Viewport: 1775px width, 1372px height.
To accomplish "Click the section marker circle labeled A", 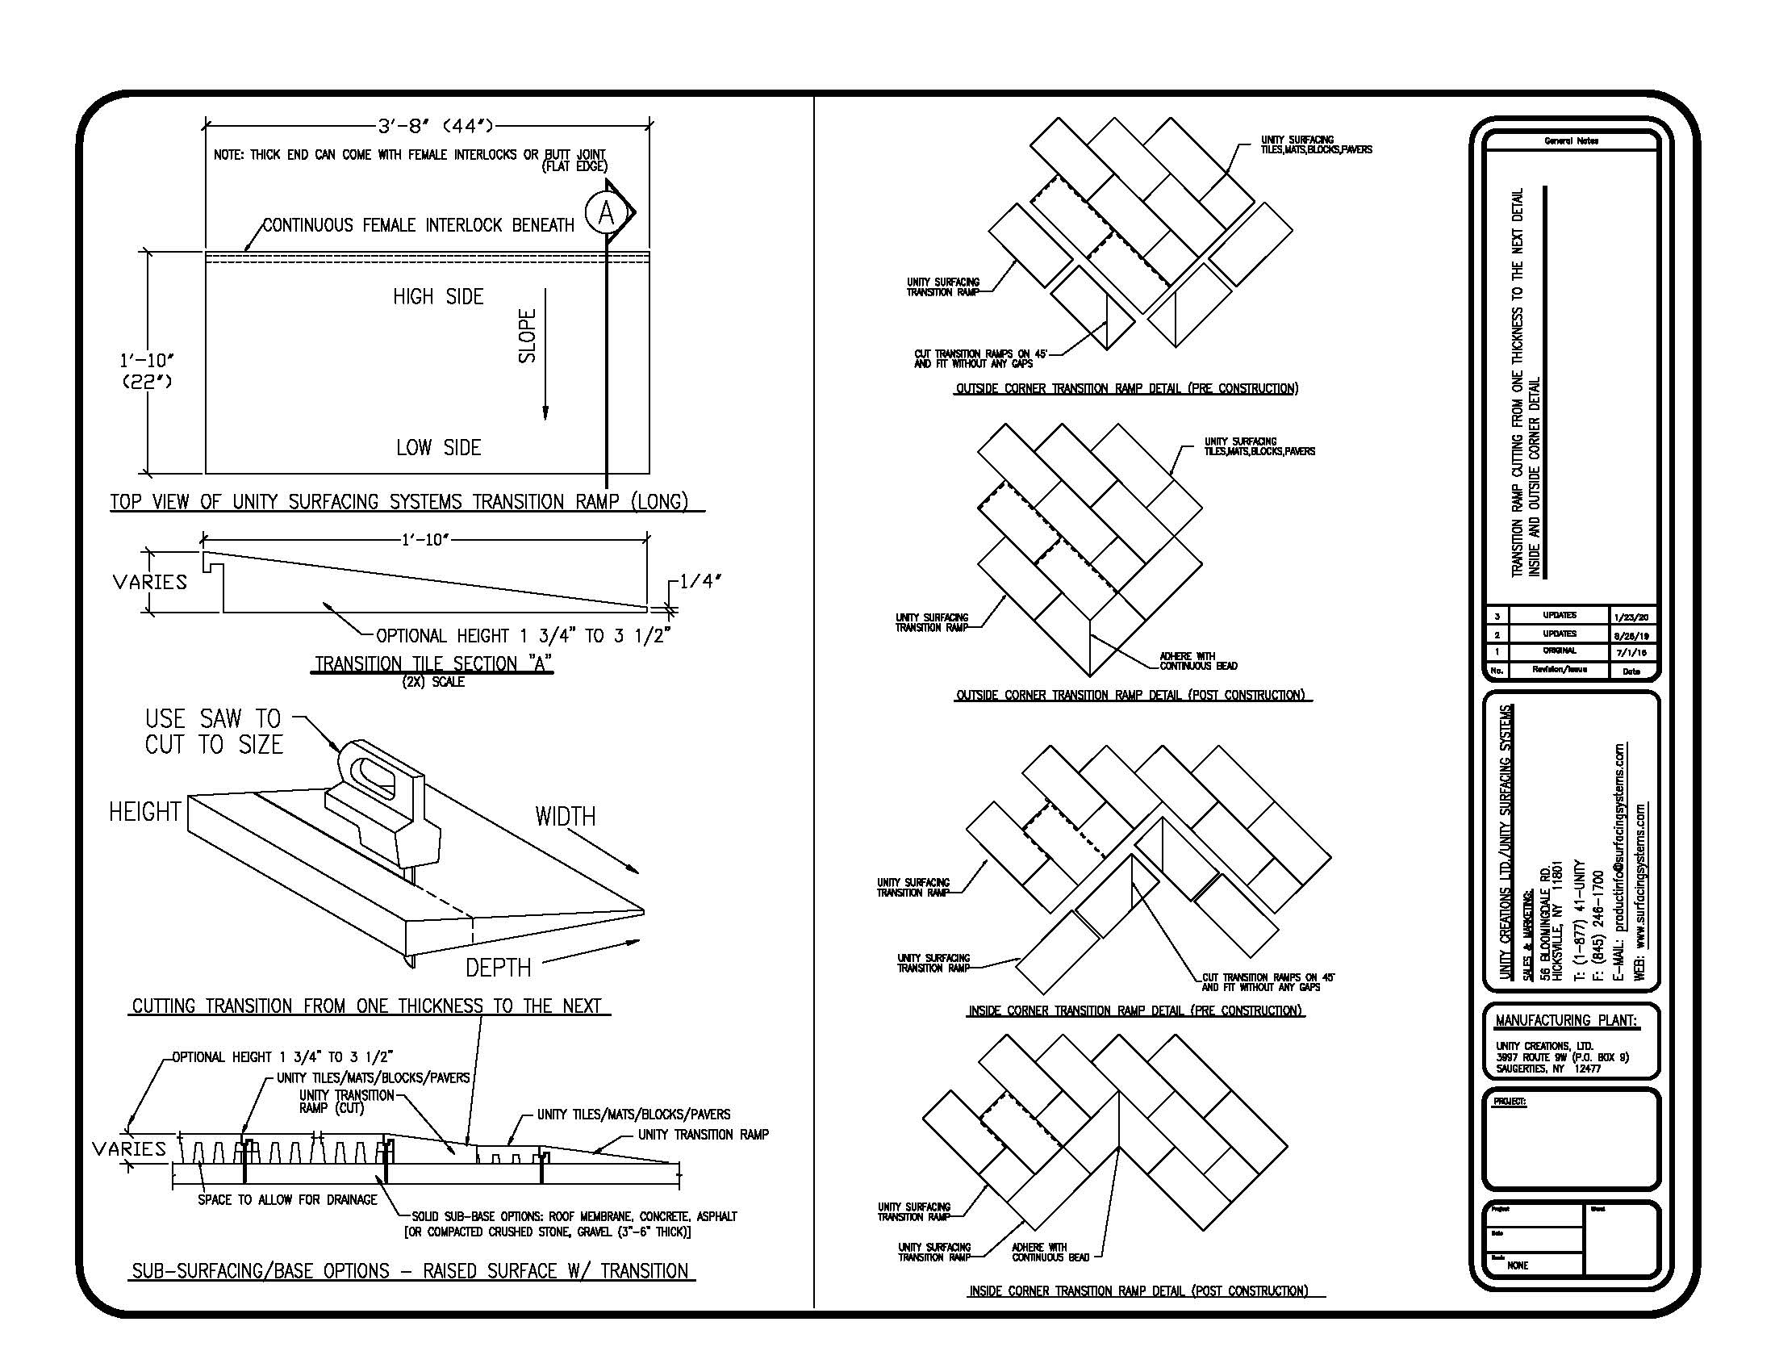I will pyautogui.click(x=605, y=213).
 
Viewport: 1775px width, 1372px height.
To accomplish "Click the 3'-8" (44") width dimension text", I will pyautogui.click(x=435, y=126).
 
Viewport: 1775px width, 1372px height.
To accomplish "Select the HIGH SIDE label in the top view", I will pyautogui.click(x=438, y=297).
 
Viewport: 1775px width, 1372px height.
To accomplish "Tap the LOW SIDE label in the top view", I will pyautogui.click(x=438, y=448).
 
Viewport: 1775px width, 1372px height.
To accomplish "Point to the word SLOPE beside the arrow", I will pyautogui.click(x=528, y=336).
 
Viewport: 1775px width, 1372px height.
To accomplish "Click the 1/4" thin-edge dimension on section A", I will pyautogui.click(x=700, y=581).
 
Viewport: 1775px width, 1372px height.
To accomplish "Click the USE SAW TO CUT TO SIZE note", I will pyautogui.click(x=214, y=731).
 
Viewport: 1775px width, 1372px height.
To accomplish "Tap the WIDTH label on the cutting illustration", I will pyautogui.click(x=565, y=817).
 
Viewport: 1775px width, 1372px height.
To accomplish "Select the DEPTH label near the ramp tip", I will pyautogui.click(x=497, y=968).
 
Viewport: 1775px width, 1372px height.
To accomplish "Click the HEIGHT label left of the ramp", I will pyautogui.click(x=144, y=812).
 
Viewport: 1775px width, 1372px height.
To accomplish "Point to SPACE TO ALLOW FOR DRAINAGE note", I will pyautogui.click(x=288, y=1199).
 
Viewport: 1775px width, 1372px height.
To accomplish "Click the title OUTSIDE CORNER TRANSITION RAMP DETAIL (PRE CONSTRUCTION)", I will pyautogui.click(x=1126, y=388).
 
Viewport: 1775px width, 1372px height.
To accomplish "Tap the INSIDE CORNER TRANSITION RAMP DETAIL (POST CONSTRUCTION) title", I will pyautogui.click(x=1138, y=1290).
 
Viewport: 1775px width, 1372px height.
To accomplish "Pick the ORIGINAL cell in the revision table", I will pyautogui.click(x=1559, y=650).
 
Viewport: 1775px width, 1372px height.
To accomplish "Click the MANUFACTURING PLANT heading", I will pyautogui.click(x=1565, y=1020).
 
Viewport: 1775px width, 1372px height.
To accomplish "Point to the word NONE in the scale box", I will pyautogui.click(x=1517, y=1265).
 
